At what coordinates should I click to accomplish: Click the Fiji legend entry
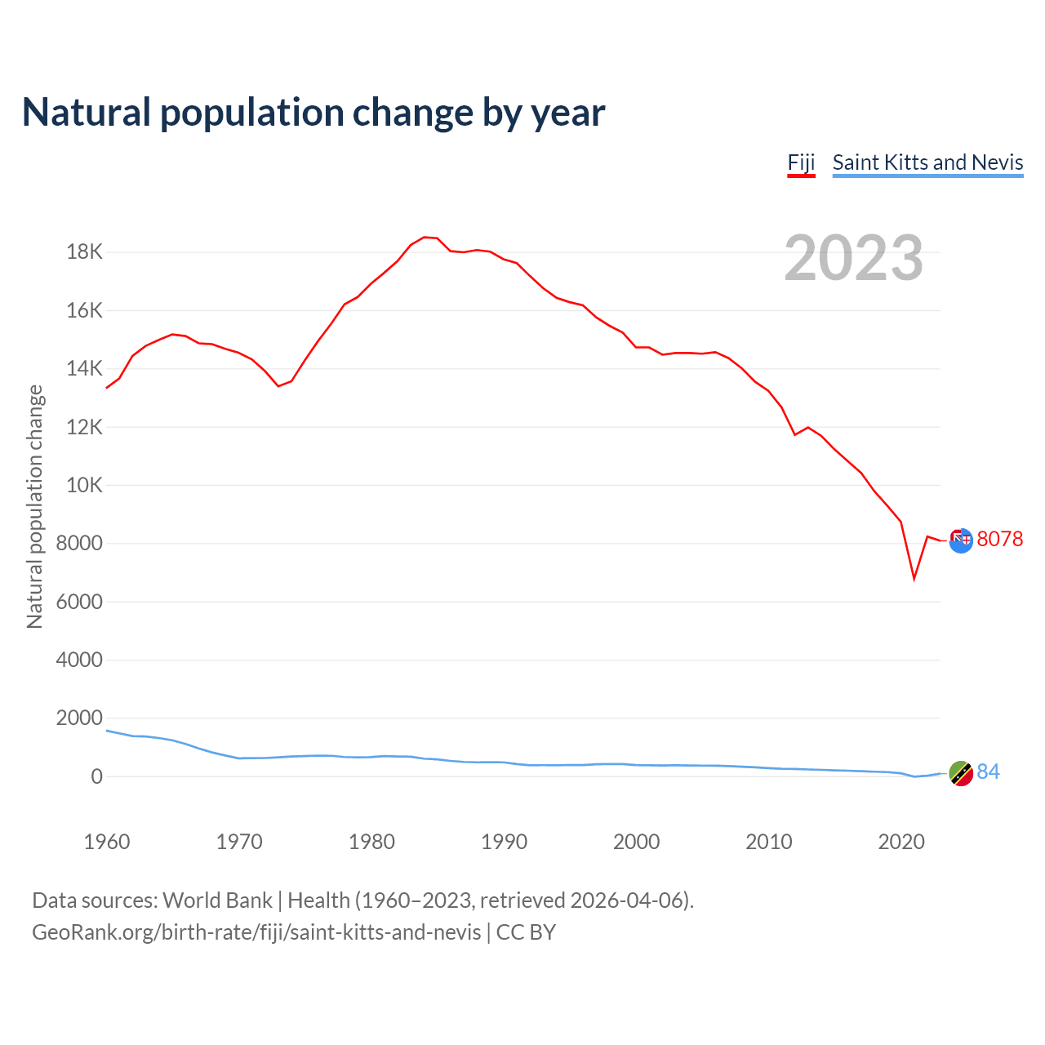[801, 162]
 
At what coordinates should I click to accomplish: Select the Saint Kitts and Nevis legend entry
[927, 162]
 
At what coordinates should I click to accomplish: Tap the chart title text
[313, 113]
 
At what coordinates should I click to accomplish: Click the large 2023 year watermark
[853, 258]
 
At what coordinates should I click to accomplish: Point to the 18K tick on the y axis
[85, 252]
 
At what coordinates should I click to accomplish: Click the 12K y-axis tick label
[85, 427]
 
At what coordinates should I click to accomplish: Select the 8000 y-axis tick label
[80, 544]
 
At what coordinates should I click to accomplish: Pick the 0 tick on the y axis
[97, 776]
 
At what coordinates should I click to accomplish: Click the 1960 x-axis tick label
[107, 842]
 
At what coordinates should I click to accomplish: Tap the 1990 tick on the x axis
[504, 842]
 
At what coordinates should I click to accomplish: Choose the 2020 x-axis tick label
[900, 842]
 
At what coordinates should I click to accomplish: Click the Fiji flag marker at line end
[961, 540]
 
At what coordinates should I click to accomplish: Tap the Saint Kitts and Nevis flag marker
[961, 773]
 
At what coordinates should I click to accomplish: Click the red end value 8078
[999, 539]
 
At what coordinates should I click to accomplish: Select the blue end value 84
[988, 772]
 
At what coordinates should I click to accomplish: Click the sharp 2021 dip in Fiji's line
[914, 579]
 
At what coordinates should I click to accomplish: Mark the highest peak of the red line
[425, 237]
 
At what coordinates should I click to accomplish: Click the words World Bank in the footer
[217, 900]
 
